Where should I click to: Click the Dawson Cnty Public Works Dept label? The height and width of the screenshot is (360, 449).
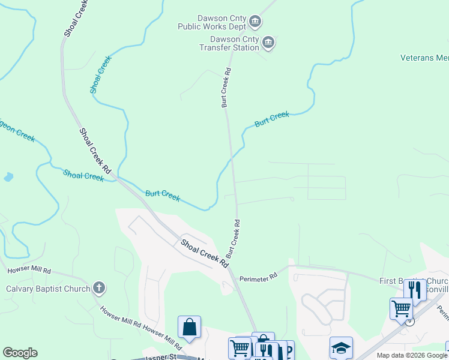point(212,22)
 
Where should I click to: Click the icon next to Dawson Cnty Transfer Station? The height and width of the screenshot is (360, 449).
point(268,43)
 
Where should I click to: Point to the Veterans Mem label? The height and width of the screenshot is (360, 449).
point(425,58)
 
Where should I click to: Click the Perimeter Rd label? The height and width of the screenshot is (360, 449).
point(258,277)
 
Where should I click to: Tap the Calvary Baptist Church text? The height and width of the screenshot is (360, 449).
point(47,289)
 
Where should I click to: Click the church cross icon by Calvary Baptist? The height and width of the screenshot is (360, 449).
point(99,289)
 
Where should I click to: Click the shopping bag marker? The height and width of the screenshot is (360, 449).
point(189,328)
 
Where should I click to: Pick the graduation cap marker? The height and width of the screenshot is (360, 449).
point(341,348)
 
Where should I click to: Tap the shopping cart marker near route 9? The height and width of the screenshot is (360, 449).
point(400,309)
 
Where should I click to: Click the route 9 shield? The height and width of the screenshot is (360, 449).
point(409,321)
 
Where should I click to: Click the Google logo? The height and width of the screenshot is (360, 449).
point(20,353)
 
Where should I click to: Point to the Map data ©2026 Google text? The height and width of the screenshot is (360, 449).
point(411,355)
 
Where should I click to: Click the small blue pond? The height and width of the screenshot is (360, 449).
point(8,177)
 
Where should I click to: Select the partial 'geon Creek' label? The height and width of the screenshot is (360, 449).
point(17,134)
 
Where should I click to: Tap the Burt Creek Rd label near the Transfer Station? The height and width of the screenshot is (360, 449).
point(226,88)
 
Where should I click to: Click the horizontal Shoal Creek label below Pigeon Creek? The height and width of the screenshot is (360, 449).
point(83,175)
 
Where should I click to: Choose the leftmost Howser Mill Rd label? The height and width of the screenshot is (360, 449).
point(29,271)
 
